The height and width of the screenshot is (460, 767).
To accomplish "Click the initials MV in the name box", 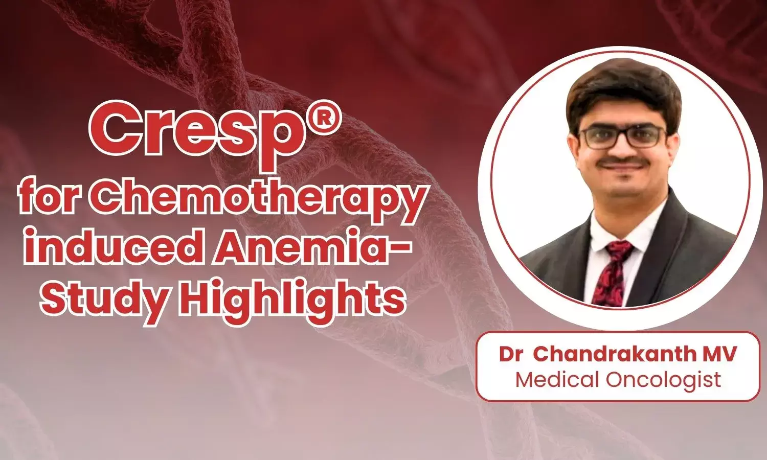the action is point(718,355).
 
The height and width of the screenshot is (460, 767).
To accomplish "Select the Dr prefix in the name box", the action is point(511,355).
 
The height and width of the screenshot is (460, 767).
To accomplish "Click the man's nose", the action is point(620,148).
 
